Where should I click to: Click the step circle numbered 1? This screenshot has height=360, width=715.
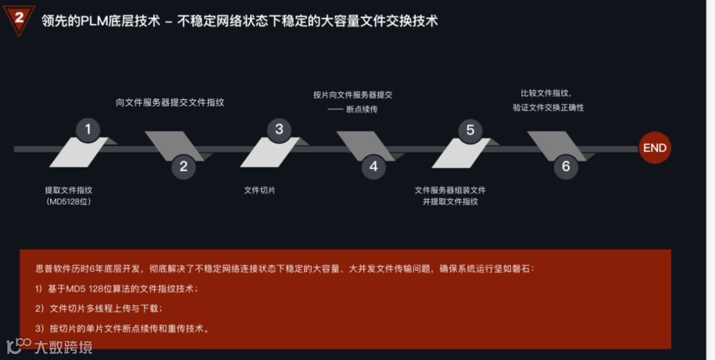click(x=87, y=129)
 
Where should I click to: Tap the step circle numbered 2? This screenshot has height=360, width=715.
click(x=183, y=167)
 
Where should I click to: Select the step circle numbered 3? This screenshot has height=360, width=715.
click(x=279, y=129)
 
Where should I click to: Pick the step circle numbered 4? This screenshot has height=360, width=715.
click(x=373, y=167)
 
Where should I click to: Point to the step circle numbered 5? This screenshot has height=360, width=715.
click(x=470, y=129)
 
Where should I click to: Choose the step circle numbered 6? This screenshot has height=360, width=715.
click(x=565, y=167)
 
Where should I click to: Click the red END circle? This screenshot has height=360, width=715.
click(x=654, y=148)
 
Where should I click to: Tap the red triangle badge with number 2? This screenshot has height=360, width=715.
click(x=19, y=19)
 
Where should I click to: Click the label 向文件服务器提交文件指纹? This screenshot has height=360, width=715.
click(x=170, y=103)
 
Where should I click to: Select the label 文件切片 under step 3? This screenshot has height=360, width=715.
click(x=260, y=190)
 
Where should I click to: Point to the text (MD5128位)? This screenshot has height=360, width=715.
click(x=68, y=201)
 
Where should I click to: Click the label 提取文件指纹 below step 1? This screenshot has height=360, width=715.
click(x=68, y=190)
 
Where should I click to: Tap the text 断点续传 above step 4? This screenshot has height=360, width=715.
click(x=361, y=109)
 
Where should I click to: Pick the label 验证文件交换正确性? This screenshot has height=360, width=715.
click(x=548, y=107)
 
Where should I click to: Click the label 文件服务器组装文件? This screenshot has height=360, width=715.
click(x=450, y=190)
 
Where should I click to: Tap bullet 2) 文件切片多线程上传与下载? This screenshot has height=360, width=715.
click(x=99, y=308)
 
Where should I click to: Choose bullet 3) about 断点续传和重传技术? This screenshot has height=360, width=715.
click(x=123, y=328)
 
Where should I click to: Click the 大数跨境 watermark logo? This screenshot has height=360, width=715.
click(x=50, y=346)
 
